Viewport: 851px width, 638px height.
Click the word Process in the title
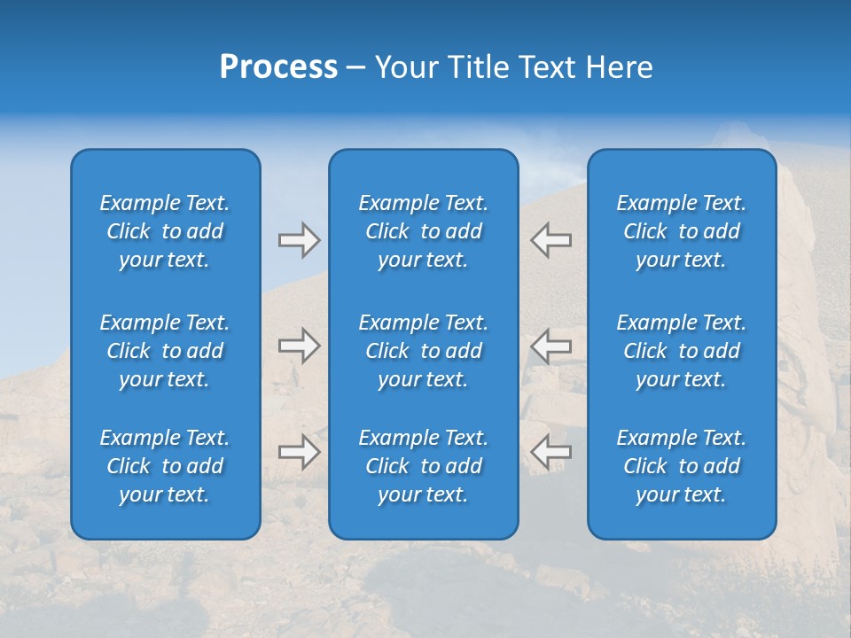(x=278, y=67)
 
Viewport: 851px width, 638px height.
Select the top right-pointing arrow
(x=299, y=240)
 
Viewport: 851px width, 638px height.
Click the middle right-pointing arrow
(x=299, y=346)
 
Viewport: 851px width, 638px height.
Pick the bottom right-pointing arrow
(x=299, y=452)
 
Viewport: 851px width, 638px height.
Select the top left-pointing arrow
(x=551, y=240)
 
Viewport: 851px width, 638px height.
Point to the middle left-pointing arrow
(x=551, y=346)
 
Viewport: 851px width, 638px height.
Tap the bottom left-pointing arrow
(x=551, y=452)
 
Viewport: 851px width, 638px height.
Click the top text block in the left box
(x=165, y=231)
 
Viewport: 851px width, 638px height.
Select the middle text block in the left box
(x=165, y=351)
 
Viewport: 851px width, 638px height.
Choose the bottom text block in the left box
(x=165, y=466)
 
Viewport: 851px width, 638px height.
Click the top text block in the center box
(x=423, y=231)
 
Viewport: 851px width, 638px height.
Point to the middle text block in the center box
(x=423, y=351)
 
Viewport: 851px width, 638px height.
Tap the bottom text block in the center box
(x=423, y=466)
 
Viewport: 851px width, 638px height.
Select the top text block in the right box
(x=681, y=231)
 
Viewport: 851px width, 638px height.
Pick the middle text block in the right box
(x=681, y=351)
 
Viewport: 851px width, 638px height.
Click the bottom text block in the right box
(x=681, y=466)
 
